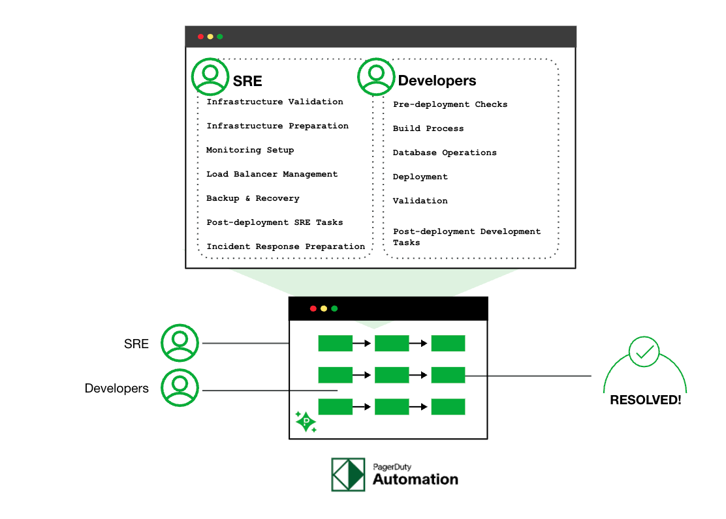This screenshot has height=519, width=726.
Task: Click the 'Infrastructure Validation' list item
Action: (x=274, y=102)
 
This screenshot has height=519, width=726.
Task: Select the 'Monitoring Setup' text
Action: (x=250, y=150)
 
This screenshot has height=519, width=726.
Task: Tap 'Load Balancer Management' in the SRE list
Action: (x=272, y=174)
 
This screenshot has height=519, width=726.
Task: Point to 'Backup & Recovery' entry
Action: (x=253, y=198)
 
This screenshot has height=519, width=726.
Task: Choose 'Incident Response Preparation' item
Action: (x=285, y=246)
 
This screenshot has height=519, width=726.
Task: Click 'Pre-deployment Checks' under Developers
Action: (x=450, y=104)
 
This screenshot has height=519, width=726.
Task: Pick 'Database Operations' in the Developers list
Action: (x=445, y=153)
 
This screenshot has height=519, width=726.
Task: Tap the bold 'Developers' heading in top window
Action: (x=437, y=81)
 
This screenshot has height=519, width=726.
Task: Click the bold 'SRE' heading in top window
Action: (x=247, y=81)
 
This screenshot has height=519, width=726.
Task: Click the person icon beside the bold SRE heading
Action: (x=210, y=76)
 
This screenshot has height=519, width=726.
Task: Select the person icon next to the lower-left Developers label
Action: (x=180, y=388)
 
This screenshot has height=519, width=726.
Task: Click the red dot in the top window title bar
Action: (x=200, y=37)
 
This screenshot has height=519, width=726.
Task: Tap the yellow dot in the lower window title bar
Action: (x=324, y=308)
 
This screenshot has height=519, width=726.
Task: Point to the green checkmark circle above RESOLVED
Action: (x=644, y=352)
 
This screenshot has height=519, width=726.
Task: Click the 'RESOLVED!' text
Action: (x=645, y=400)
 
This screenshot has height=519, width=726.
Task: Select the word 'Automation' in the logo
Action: (x=415, y=479)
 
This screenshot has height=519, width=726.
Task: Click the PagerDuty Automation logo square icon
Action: (x=348, y=474)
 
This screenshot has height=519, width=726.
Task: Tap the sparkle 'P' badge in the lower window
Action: (x=306, y=422)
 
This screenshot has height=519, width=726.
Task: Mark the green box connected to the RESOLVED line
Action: (x=448, y=375)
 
